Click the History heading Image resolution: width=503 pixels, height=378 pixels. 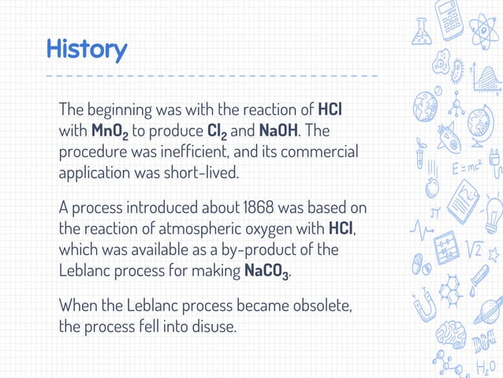[86, 50]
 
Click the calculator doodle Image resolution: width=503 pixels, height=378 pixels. [450, 19]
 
